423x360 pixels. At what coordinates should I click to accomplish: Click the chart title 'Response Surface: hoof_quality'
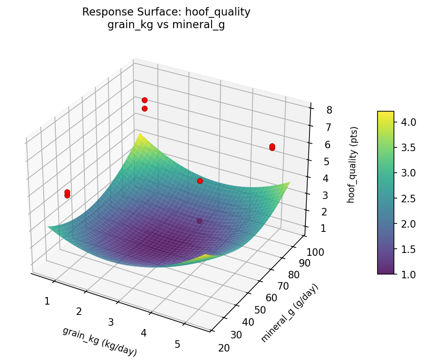pos(166,12)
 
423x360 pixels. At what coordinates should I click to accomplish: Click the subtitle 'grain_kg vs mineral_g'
pos(166,25)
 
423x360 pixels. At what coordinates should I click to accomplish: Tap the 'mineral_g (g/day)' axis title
pos(290,313)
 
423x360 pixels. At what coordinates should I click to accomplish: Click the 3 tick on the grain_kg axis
pos(111,322)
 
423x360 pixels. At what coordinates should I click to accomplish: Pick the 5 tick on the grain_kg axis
pos(177,344)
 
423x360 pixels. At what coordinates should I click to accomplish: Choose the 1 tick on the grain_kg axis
pos(47,301)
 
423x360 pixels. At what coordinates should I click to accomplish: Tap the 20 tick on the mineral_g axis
pos(224,347)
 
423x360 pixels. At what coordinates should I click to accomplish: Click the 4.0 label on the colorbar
pos(408,122)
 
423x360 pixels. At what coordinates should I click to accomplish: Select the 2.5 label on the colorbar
pos(408,198)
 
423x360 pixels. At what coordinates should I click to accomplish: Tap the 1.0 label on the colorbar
pos(408,274)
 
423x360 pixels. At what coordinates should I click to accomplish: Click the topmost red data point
pos(144,100)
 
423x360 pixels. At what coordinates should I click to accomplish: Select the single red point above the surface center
pos(200,181)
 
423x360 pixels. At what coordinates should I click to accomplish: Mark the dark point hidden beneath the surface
pos(200,221)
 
